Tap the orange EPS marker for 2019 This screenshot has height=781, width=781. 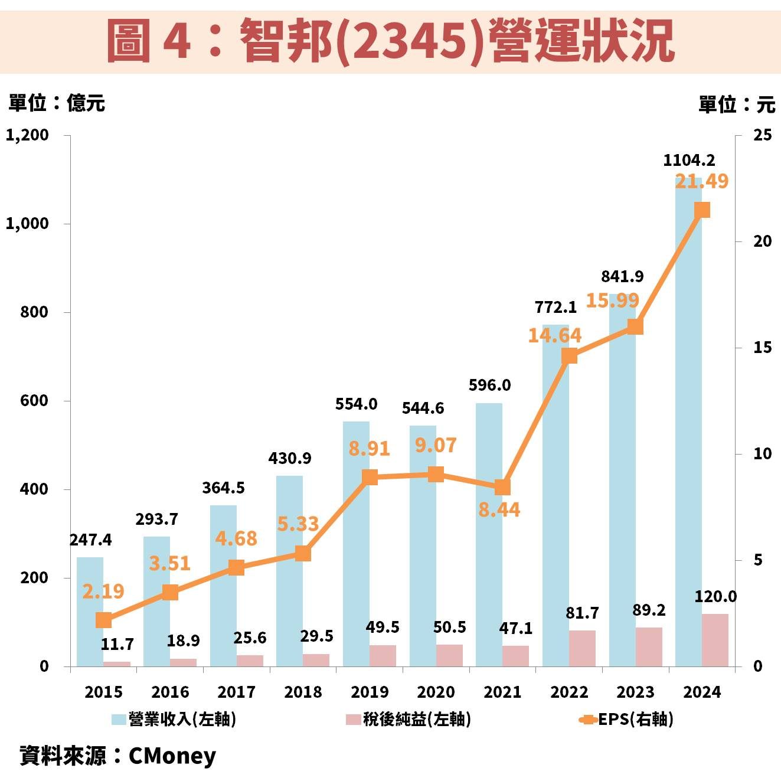coord(370,477)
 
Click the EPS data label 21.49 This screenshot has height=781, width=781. coord(701,181)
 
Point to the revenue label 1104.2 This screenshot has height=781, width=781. coord(689,160)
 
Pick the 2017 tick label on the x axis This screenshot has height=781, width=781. coord(236,692)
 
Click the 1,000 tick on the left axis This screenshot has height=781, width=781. coord(27,224)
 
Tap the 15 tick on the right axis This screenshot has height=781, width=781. coord(762,348)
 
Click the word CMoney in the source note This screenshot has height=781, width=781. coord(172,756)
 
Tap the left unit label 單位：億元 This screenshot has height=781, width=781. coord(57,103)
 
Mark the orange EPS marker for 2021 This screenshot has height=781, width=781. coord(502,487)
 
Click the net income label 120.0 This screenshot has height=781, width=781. coord(715,597)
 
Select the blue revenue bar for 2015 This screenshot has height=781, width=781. coord(90,612)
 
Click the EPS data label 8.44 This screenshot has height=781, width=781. coord(499,509)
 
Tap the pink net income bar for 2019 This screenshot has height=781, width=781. coord(383,655)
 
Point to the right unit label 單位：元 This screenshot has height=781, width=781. coord(736,104)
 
